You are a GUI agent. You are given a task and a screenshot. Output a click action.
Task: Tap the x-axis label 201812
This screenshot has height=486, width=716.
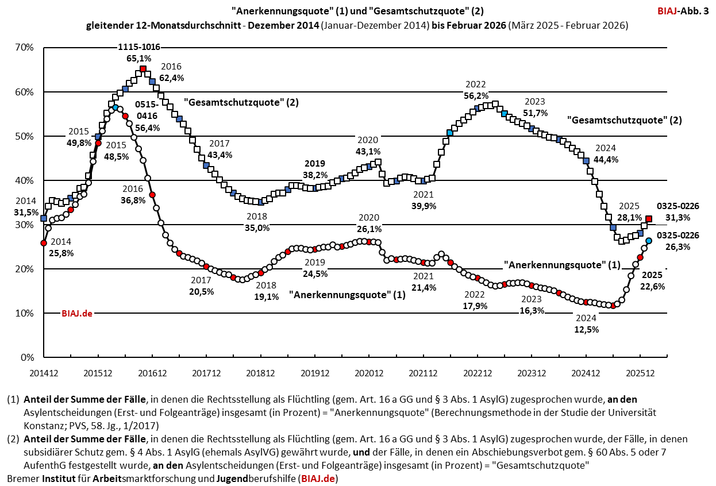260,373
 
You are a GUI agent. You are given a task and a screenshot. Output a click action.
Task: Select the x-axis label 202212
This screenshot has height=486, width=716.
476,373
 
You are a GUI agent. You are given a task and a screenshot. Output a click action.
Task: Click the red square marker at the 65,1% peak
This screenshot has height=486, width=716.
143,70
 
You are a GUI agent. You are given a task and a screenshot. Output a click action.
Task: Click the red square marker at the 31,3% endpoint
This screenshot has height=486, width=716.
649,219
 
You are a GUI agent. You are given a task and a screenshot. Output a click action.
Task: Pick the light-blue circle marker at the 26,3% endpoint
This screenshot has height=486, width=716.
649,241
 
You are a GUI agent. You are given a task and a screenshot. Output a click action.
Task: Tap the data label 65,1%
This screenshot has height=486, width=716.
138,58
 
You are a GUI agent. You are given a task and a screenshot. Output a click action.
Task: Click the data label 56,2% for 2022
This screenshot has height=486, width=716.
476,96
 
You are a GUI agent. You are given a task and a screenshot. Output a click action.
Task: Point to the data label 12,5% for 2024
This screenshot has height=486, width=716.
587,330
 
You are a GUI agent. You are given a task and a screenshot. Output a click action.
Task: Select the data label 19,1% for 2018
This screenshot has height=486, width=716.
266,296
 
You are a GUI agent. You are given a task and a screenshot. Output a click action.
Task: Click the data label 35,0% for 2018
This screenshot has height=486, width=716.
257,228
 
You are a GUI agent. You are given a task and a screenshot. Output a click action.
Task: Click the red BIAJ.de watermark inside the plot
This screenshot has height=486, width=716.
77,314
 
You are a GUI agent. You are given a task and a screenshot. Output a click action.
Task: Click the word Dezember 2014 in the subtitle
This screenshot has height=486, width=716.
291,26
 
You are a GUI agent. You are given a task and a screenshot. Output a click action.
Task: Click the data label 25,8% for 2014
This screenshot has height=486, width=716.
62,252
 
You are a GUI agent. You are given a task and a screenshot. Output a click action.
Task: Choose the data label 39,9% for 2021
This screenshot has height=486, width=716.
424,205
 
